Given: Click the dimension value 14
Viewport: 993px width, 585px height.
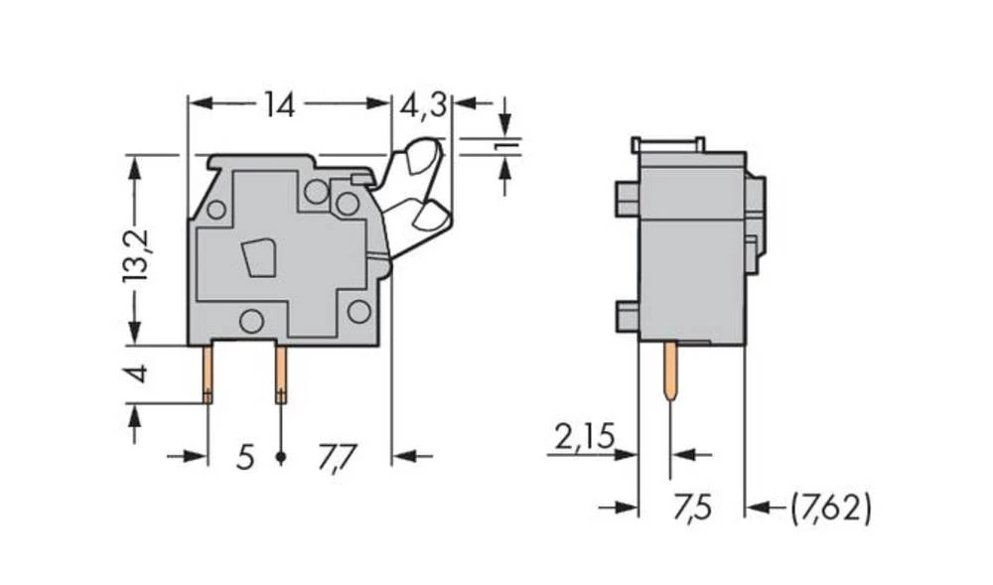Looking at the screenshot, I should click(x=279, y=104).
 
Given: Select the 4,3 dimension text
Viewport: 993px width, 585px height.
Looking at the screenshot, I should click(x=423, y=104).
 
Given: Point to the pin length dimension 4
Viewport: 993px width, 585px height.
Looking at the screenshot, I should click(x=138, y=374).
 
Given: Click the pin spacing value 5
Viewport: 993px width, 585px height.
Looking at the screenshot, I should click(x=245, y=457).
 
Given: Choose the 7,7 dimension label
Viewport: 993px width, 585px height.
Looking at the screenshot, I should click(x=337, y=457).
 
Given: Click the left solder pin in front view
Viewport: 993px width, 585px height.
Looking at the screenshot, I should click(x=209, y=373).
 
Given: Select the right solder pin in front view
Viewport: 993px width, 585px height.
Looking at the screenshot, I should click(x=281, y=373).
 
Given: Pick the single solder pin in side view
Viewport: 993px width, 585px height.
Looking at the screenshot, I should click(x=671, y=369).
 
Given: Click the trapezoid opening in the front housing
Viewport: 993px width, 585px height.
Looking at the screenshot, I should click(x=259, y=257).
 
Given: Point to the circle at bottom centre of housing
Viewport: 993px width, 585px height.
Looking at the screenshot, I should click(x=251, y=321).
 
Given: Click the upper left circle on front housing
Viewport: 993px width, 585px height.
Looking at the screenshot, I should click(x=215, y=209).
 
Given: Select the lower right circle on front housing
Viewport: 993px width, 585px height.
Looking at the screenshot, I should click(x=358, y=311).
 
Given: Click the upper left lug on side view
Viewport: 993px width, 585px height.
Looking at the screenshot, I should click(x=626, y=199).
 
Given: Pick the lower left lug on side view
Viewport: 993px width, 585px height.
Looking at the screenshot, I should click(x=626, y=317).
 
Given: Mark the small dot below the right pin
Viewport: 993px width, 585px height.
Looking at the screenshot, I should click(x=281, y=457).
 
